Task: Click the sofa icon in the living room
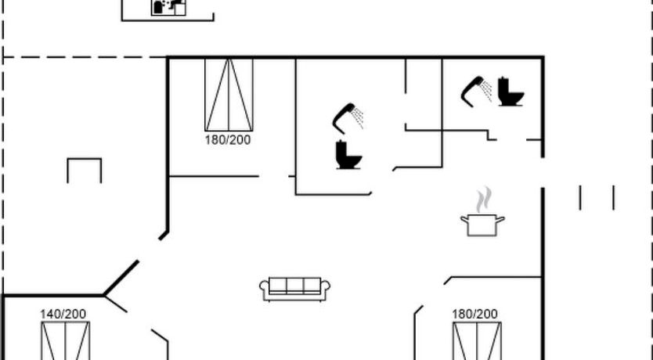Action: pyautogui.click(x=295, y=289)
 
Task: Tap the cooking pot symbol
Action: pyautogui.click(x=482, y=225)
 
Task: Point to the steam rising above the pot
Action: pyautogui.click(x=484, y=200)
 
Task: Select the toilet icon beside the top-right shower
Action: pyautogui.click(x=510, y=92)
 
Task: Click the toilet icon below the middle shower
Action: pyautogui.click(x=348, y=155)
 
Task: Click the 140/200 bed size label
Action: pyautogui.click(x=63, y=314)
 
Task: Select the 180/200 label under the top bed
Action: pyautogui.click(x=228, y=140)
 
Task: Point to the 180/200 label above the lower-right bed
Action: pyautogui.click(x=474, y=314)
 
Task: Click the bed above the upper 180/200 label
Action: pyautogui.click(x=229, y=95)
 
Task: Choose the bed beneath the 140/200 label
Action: pyautogui.click(x=66, y=341)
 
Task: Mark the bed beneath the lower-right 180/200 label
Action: pyautogui.click(x=478, y=341)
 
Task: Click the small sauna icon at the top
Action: pyautogui.click(x=168, y=8)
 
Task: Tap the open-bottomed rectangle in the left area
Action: pyautogui.click(x=84, y=171)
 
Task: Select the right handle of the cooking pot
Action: pyautogui.click(x=500, y=219)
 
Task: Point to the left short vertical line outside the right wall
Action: pyautogui.click(x=580, y=198)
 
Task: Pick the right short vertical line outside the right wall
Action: pyautogui.click(x=613, y=198)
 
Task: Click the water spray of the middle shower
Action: pyautogui.click(x=358, y=118)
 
